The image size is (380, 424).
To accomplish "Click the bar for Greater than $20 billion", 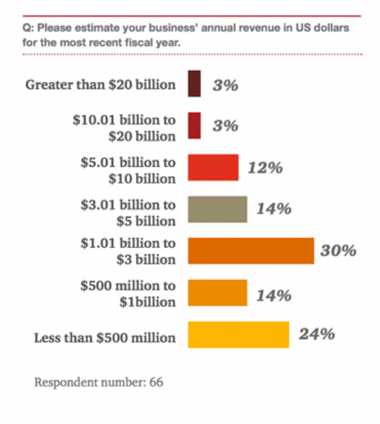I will pyautogui.click(x=195, y=84).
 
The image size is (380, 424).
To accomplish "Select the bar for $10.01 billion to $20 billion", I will pyautogui.click(x=195, y=126).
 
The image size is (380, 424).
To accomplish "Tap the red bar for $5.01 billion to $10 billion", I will pyautogui.click(x=213, y=168).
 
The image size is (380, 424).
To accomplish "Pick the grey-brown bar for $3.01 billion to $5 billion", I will pyautogui.click(x=217, y=209).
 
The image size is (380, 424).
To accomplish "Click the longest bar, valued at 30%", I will pyautogui.click(x=251, y=251).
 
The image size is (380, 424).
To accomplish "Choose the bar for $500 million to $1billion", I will pyautogui.click(x=217, y=293).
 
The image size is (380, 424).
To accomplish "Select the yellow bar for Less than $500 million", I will pyautogui.click(x=238, y=335).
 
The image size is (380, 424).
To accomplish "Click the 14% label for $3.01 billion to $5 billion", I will pyautogui.click(x=273, y=209).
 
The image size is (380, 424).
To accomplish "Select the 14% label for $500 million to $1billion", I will pyautogui.click(x=273, y=295).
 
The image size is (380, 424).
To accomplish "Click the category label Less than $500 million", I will pyautogui.click(x=104, y=338).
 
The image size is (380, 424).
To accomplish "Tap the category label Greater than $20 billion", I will pyautogui.click(x=101, y=84).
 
